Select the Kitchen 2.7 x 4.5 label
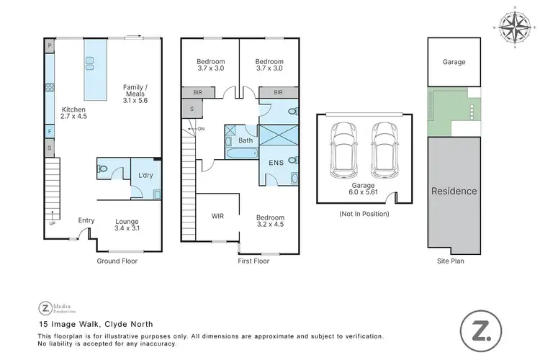[73, 112]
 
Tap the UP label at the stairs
[51, 223]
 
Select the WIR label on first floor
[218, 215]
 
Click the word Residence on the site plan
[454, 192]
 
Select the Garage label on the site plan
[454, 62]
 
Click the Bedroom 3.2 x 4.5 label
[270, 222]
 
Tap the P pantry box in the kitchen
[50, 45]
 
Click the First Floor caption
[253, 261]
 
